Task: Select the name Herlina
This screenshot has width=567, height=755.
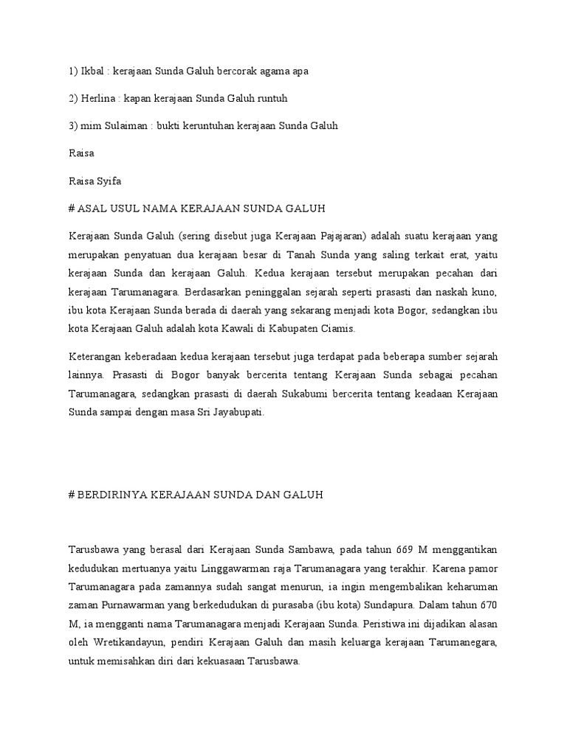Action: (x=98, y=98)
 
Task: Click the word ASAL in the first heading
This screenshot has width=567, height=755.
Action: (x=92, y=209)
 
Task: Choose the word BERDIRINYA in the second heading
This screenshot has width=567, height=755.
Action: (x=106, y=495)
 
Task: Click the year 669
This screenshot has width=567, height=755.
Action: (x=404, y=550)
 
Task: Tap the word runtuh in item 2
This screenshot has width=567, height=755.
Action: (x=270, y=98)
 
